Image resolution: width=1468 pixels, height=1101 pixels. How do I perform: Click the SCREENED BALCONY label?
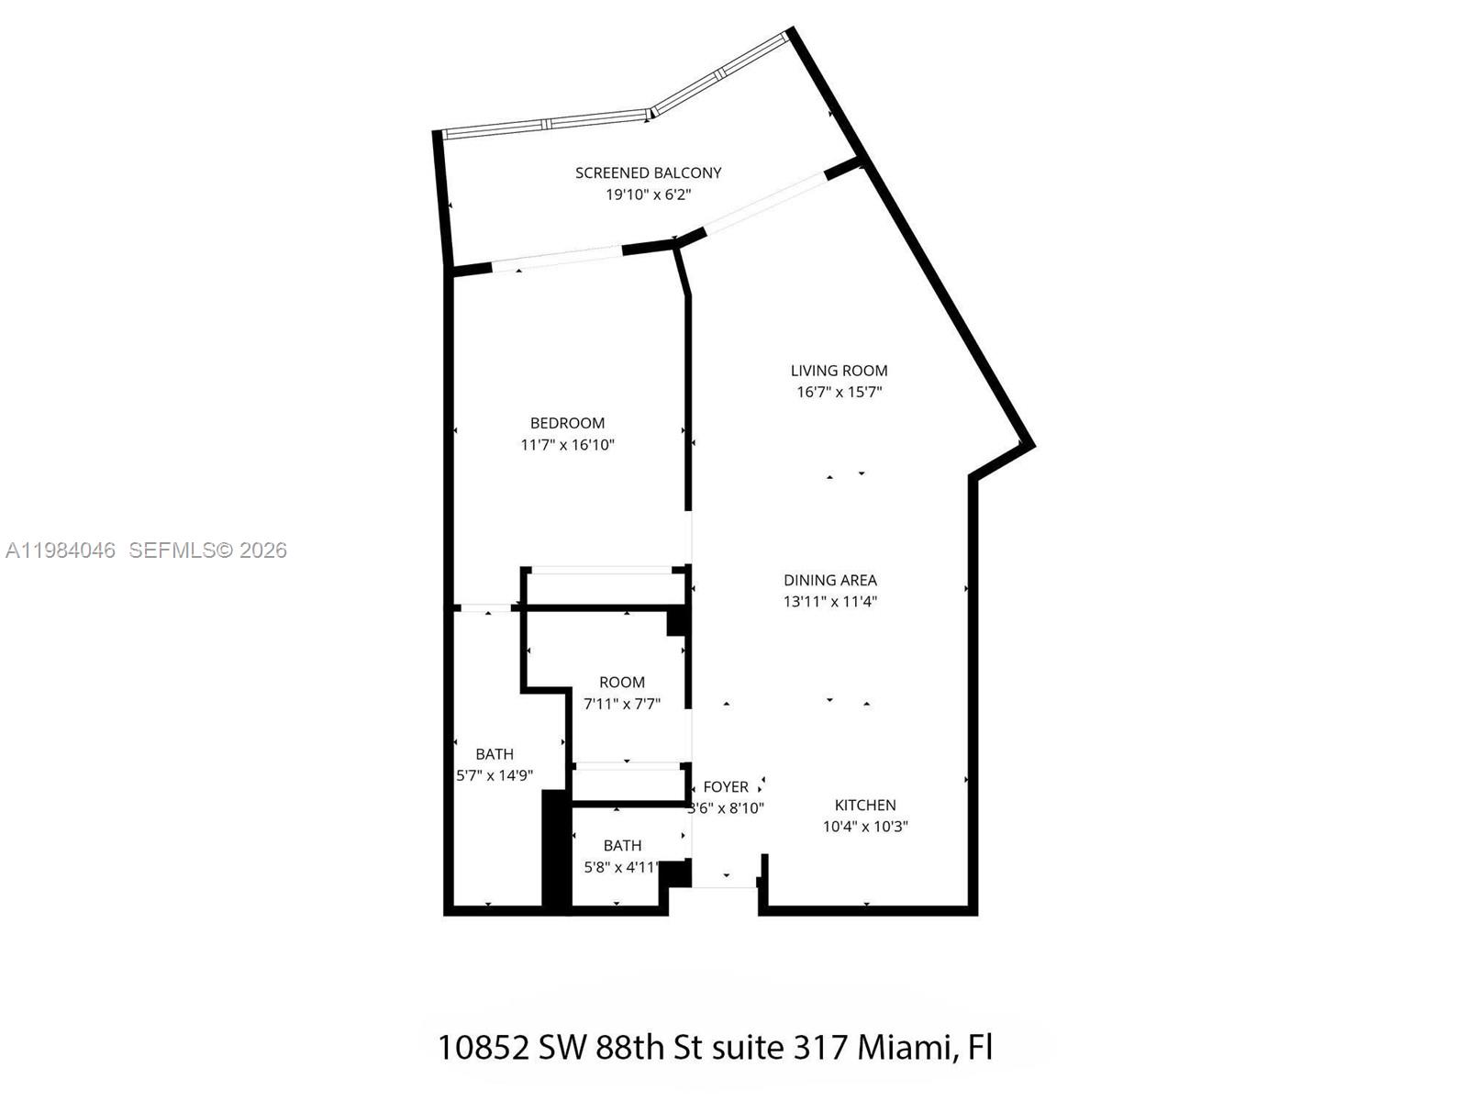tap(648, 172)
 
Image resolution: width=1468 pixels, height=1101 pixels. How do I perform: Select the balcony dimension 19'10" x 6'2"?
tap(648, 195)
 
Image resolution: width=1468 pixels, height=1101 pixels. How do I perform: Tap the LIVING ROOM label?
tap(839, 371)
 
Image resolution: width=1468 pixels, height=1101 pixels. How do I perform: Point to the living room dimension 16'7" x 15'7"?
tap(839, 392)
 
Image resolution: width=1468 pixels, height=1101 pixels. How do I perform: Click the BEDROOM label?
tap(567, 423)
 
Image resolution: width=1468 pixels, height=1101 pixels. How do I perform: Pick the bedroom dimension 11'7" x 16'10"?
tap(567, 445)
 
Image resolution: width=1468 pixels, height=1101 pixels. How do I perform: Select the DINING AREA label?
tap(829, 580)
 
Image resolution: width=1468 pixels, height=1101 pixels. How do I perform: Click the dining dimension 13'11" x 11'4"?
tap(829, 602)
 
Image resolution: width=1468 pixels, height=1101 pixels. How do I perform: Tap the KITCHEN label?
tap(864, 805)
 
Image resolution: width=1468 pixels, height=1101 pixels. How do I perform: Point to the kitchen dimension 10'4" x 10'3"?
tap(864, 827)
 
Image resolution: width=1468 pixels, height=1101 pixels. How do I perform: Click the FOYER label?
tap(725, 787)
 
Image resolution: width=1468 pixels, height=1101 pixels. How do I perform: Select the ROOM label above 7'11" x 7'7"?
tap(621, 683)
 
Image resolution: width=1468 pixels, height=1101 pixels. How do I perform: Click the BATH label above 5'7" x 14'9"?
tap(494, 754)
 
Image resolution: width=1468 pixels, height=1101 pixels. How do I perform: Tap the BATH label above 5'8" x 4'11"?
tap(622, 846)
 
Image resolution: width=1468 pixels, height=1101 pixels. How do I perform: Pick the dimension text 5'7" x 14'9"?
tap(494, 775)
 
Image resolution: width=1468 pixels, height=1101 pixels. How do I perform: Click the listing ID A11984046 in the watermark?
tap(61, 550)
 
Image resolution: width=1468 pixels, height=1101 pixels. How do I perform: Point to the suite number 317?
tap(818, 1047)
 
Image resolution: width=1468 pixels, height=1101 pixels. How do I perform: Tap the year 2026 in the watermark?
tap(263, 550)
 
